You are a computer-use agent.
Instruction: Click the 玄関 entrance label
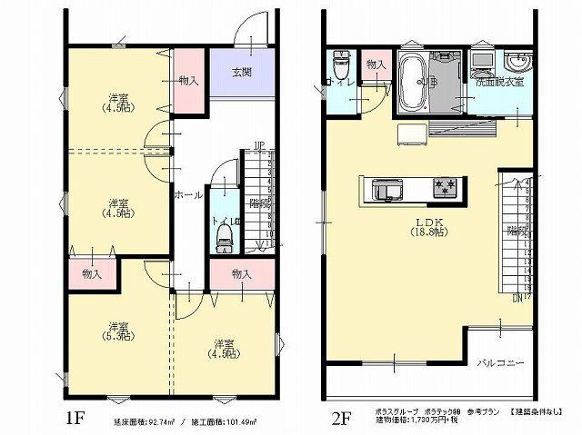tap(241, 73)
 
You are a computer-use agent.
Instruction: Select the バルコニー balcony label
tap(501, 363)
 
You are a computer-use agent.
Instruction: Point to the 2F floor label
tap(340, 419)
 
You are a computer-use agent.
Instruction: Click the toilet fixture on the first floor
tap(226, 238)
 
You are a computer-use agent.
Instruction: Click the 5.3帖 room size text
tap(117, 336)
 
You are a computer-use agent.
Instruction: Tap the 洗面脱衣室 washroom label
tap(498, 83)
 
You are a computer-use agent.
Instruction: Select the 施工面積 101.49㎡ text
tap(224, 422)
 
